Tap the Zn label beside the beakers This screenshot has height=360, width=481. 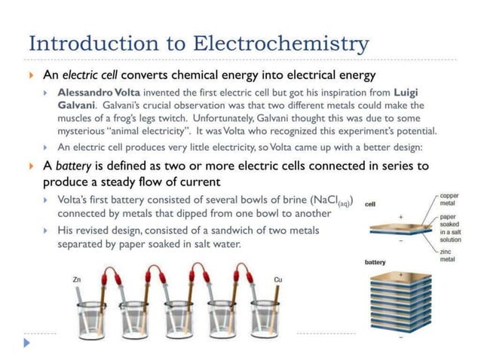77,280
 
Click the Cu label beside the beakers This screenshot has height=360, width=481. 278,280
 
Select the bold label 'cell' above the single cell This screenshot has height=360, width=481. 369,204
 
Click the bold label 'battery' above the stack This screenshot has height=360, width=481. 375,262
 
